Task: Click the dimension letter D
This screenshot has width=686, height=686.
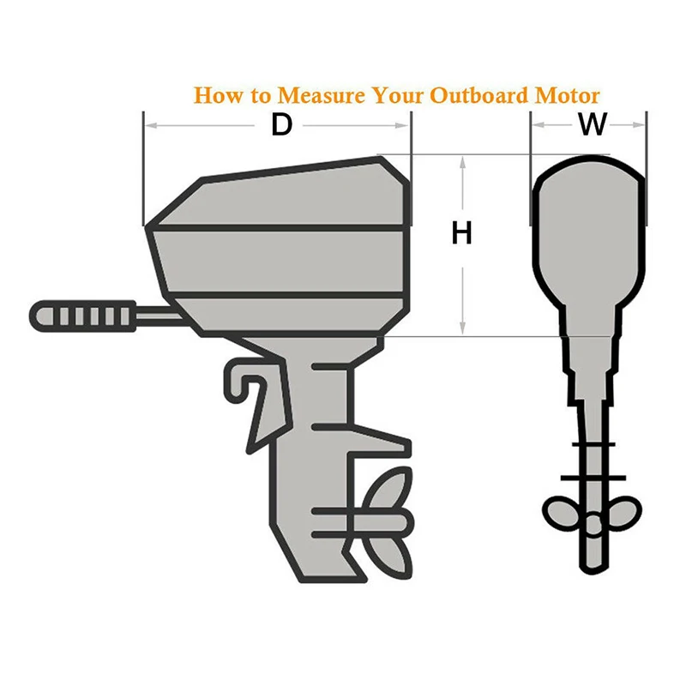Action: tap(282, 125)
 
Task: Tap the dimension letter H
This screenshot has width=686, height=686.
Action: tap(462, 233)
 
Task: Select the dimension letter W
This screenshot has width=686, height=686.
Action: tap(592, 125)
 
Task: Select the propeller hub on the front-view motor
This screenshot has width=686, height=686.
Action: tap(590, 521)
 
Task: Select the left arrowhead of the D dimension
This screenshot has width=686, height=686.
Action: tap(150, 126)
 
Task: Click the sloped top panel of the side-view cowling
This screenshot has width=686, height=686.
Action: tap(283, 196)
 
